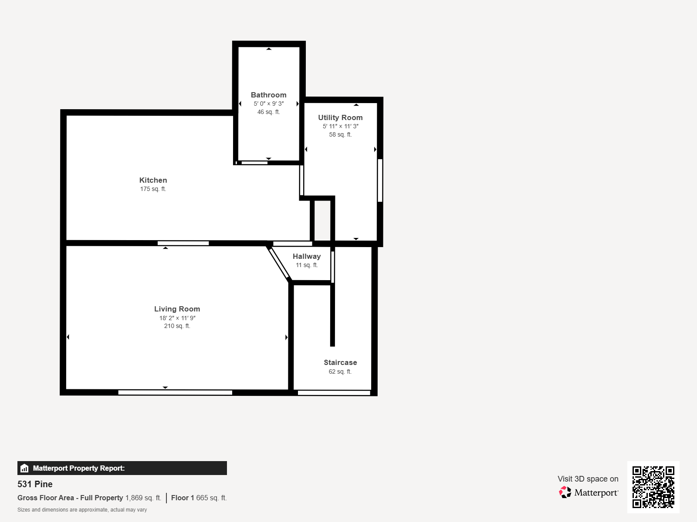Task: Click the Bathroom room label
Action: (x=269, y=95)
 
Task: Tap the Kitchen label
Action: (x=153, y=180)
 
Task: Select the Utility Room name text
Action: (x=340, y=117)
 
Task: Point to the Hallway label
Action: (x=307, y=256)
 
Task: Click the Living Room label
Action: (x=177, y=309)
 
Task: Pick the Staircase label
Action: (x=340, y=363)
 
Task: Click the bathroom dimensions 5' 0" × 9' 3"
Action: (x=269, y=104)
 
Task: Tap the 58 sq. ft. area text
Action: (x=340, y=135)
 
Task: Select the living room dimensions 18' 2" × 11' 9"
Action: (x=177, y=318)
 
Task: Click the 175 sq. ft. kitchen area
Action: (x=153, y=189)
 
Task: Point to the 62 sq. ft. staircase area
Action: (x=340, y=371)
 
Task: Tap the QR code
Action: (x=653, y=487)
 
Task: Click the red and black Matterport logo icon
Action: (x=565, y=492)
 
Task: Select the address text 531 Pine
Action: (x=35, y=484)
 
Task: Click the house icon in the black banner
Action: (x=24, y=468)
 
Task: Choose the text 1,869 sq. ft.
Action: (x=143, y=498)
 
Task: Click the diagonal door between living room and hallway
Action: (x=279, y=263)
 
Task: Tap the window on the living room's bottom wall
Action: (x=175, y=393)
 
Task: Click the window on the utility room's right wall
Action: (x=380, y=181)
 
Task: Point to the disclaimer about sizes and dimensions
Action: (x=82, y=510)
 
